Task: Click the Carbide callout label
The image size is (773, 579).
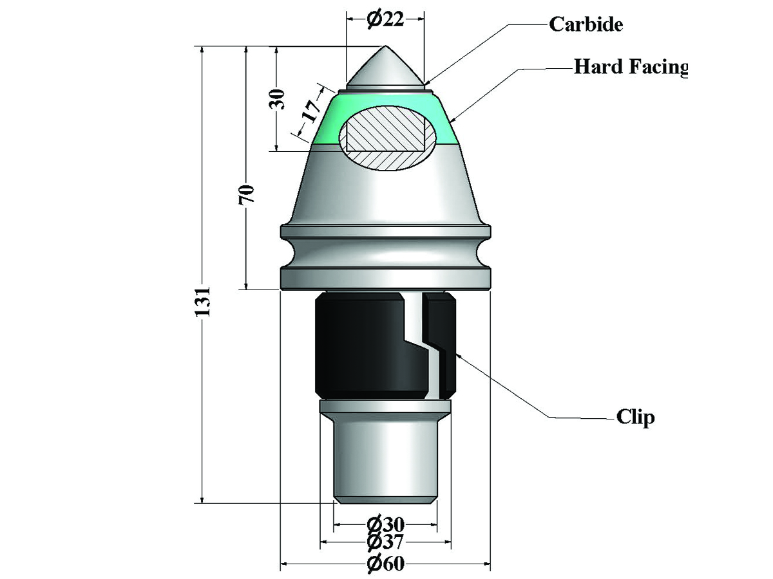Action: pos(586,24)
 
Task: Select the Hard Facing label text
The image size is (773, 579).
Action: pos(631,67)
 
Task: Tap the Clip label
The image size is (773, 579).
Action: pos(635,418)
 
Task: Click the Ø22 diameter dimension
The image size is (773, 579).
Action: pos(385,19)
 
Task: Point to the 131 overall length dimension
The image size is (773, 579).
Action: pos(203,302)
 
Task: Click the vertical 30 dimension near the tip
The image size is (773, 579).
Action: pos(277,99)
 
